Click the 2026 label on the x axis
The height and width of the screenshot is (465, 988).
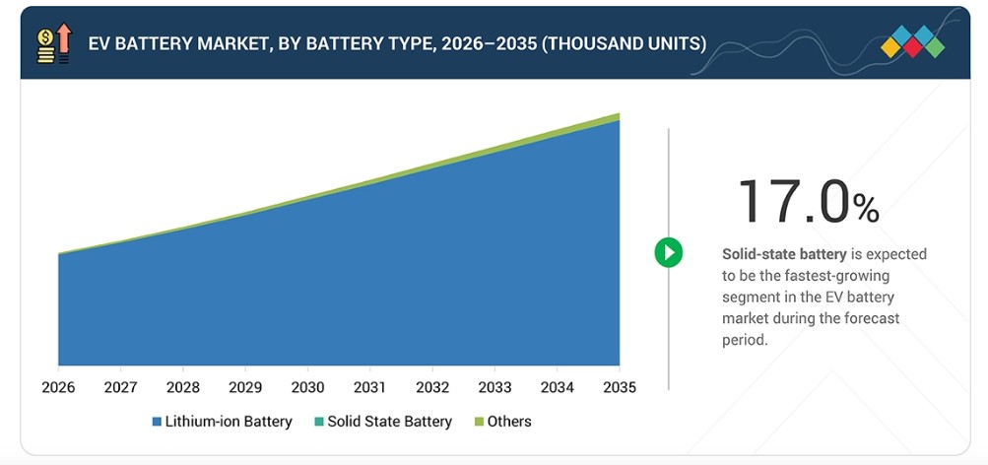click(58, 387)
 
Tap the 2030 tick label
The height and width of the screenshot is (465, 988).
click(307, 387)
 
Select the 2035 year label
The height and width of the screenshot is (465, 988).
click(620, 387)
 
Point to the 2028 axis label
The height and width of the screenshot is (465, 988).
click(183, 387)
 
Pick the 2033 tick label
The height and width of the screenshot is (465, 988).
click(494, 387)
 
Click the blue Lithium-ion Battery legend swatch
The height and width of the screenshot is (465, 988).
click(157, 422)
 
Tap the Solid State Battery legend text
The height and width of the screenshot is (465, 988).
click(389, 422)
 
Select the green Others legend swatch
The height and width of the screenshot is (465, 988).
click(479, 422)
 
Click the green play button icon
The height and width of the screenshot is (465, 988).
click(669, 252)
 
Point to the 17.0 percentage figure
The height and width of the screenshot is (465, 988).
click(794, 202)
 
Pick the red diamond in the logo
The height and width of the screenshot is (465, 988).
click(912, 46)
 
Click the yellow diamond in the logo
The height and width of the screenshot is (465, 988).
click(890, 46)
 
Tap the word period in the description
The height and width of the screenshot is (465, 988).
click(746, 340)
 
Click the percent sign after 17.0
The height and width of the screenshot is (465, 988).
click(867, 209)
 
